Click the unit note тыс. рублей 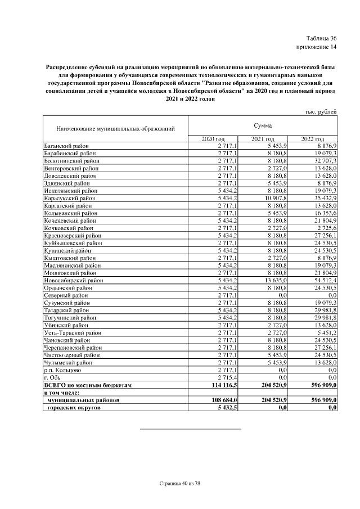click(320, 111)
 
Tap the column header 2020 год click(213, 139)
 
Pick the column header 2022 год click(312, 139)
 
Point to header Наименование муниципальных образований click(115, 129)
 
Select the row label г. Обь click(53, 377)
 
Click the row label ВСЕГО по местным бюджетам click(87, 385)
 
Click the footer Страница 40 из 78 click(179, 483)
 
